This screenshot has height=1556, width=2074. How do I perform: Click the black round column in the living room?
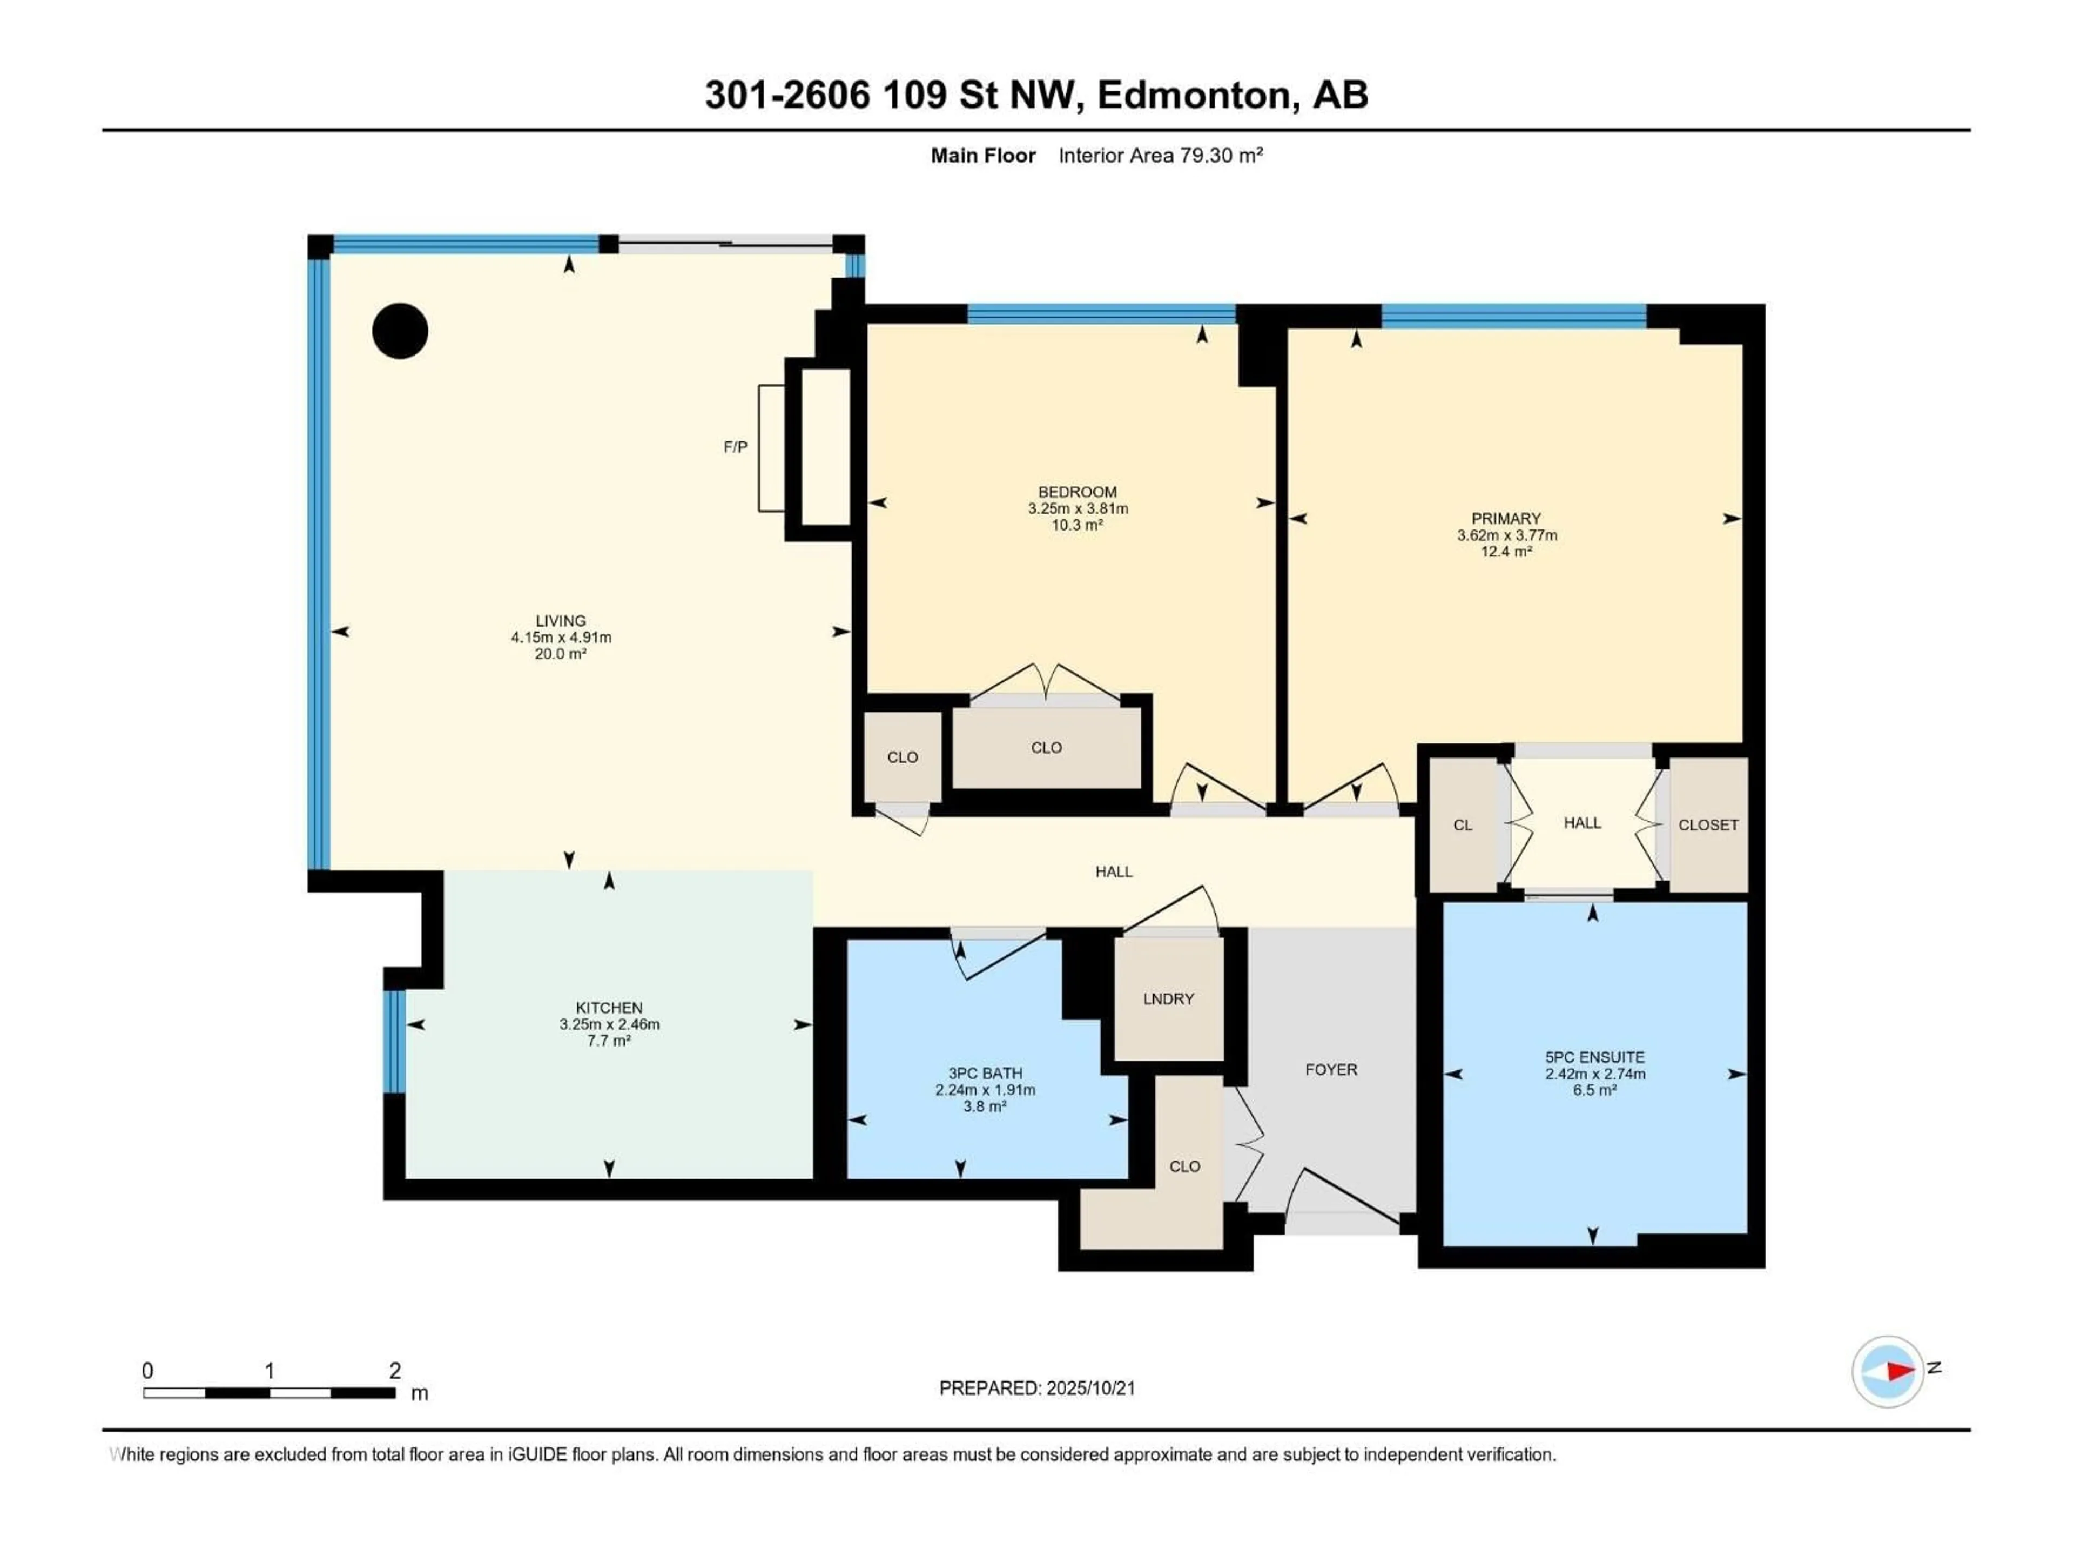click(400, 331)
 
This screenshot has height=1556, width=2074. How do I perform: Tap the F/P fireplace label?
click(735, 447)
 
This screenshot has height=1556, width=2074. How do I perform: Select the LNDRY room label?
click(1168, 999)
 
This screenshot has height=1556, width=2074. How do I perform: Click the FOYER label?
click(1330, 1069)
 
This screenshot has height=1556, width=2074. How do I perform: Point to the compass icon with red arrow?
click(1888, 1371)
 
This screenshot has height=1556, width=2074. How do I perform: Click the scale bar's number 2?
click(395, 1370)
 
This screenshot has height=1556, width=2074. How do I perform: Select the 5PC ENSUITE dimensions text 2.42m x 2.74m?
click(1595, 1074)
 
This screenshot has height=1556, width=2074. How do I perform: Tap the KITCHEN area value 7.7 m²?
click(609, 1040)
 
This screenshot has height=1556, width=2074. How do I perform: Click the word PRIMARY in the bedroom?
click(1506, 519)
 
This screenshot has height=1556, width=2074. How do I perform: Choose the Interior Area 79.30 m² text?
click(1160, 156)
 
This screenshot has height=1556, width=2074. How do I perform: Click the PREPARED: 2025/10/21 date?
click(1037, 1388)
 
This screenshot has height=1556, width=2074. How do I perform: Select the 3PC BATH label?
click(985, 1073)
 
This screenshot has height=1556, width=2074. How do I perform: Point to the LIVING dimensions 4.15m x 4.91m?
click(561, 638)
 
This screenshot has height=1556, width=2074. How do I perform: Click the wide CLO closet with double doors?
click(1046, 748)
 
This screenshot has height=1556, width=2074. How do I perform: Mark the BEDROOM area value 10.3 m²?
click(1076, 525)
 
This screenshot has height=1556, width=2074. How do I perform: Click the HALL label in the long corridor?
click(1114, 871)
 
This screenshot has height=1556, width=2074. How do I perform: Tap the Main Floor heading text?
click(982, 156)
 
